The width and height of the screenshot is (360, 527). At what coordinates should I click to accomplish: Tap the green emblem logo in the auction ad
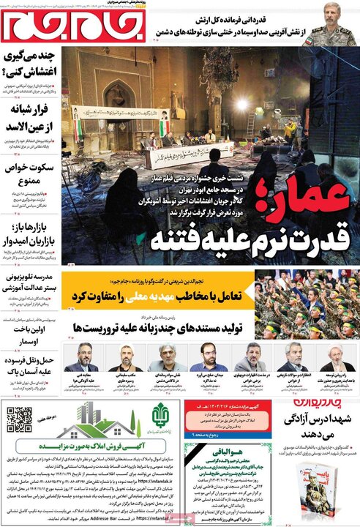pos(162,419)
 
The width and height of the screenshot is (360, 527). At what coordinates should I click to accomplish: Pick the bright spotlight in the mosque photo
pos(241,104)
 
